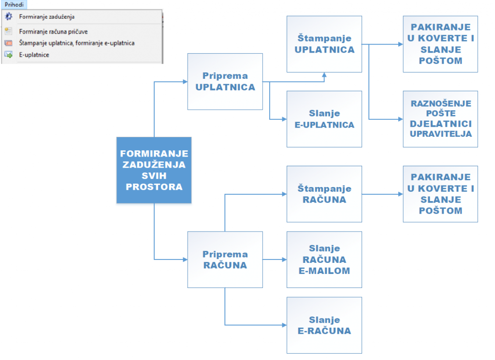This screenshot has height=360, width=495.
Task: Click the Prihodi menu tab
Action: (x=14, y=4)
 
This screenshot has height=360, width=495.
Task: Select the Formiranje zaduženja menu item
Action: (x=47, y=17)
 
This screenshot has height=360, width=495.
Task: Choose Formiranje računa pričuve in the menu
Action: (x=53, y=31)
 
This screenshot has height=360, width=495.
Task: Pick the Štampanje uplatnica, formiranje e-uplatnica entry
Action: (x=77, y=43)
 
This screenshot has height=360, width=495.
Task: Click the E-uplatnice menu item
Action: (x=34, y=55)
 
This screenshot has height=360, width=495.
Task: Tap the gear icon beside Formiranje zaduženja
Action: (x=9, y=16)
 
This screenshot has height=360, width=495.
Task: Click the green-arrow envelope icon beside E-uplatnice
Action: (x=9, y=55)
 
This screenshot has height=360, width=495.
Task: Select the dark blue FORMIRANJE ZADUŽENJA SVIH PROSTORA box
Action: (x=154, y=170)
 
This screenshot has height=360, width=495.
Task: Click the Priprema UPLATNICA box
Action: (x=225, y=81)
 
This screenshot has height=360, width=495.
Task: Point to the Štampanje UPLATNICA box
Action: (x=324, y=44)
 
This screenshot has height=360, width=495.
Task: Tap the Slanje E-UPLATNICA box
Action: (x=324, y=119)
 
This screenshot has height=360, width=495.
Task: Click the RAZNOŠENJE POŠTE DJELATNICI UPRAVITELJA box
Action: (x=440, y=119)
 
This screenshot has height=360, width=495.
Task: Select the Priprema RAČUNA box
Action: (x=225, y=259)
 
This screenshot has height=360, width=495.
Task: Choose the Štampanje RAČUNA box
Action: (x=324, y=194)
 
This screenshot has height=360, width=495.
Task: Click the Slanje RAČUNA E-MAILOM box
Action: (x=324, y=259)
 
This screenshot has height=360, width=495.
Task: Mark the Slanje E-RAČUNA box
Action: (x=324, y=325)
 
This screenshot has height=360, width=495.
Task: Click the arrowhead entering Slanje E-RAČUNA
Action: (x=284, y=325)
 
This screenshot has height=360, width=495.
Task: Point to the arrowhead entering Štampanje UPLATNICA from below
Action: (x=324, y=75)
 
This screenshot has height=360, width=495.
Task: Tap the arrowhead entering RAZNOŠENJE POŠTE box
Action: (x=401, y=119)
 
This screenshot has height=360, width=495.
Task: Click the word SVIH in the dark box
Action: (x=154, y=176)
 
